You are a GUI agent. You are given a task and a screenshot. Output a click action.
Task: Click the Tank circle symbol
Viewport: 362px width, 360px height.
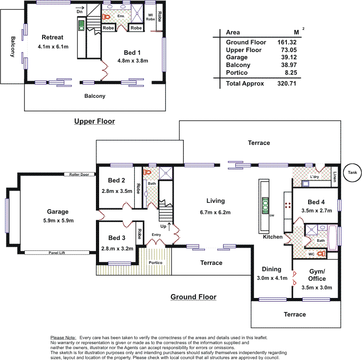click(352, 172)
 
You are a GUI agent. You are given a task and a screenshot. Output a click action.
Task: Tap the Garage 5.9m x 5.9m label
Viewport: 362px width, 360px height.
click(57, 216)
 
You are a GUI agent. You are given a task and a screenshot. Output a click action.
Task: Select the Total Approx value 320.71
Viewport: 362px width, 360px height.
click(286, 83)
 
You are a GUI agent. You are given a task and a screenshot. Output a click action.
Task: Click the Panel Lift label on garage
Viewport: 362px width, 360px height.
click(57, 253)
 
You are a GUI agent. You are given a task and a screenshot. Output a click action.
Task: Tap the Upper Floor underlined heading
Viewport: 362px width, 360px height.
click(95, 121)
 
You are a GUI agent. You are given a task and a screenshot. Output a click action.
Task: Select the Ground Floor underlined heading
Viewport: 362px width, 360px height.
click(193, 297)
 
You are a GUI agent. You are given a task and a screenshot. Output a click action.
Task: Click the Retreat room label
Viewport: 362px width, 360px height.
click(52, 37)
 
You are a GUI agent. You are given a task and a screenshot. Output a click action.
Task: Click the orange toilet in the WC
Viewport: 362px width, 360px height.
click(322, 254)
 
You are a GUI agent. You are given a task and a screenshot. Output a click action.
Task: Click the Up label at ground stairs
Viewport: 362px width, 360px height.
click(163, 226)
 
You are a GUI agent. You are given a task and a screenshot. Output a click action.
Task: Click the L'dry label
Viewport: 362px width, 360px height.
click(315, 177)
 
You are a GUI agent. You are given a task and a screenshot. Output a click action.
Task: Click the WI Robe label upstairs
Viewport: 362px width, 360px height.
click(151, 17)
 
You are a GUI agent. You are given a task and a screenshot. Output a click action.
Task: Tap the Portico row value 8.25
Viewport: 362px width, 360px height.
click(290, 72)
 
